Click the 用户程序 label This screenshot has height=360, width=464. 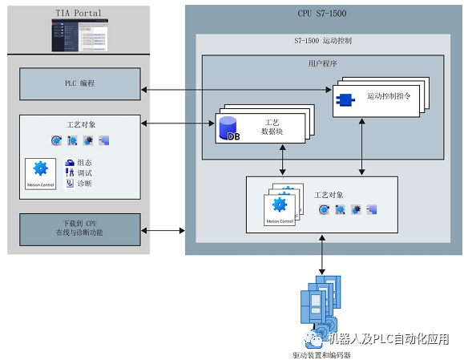coord(323,63)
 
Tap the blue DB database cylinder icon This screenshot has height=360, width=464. coord(228,127)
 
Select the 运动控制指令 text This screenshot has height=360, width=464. coord(389,96)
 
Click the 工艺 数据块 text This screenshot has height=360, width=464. coord(271,127)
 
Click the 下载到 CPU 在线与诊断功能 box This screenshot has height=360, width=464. coord(79,229)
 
